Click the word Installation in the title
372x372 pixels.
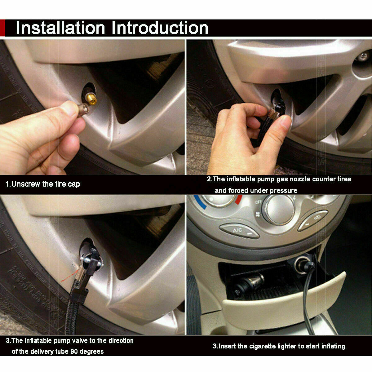coord(61,28)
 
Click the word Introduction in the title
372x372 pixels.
coord(160,28)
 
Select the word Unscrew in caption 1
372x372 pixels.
coord(26,184)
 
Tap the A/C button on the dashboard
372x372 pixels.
coord(239,231)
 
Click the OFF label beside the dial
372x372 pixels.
coord(258,202)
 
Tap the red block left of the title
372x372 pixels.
coord(2,28)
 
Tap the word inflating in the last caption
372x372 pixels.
coord(333,346)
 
